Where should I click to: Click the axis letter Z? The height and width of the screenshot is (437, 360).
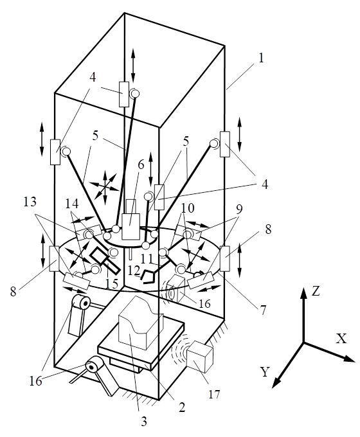tap(316, 291)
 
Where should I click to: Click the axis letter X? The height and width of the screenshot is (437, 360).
tap(341, 338)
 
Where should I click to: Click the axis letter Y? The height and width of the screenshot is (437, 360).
tap(265, 372)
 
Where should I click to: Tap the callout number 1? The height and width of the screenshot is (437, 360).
tap(261, 58)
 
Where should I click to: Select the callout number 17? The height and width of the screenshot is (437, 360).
tap(214, 394)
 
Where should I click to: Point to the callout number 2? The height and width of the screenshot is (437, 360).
tap(182, 407)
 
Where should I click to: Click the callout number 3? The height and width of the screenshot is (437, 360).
tap(143, 422)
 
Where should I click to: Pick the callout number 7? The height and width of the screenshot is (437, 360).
tap(263, 310)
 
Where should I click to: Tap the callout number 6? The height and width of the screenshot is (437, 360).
tap(141, 165)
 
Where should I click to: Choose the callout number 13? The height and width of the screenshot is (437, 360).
tap(30, 202)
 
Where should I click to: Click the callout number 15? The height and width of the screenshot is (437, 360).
tap(111, 283)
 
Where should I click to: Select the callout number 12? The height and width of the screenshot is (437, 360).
tap(134, 270)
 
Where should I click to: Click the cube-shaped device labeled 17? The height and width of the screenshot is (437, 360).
tap(199, 357)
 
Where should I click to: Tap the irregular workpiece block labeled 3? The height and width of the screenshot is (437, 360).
tap(141, 323)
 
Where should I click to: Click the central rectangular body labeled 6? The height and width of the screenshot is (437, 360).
tap(130, 226)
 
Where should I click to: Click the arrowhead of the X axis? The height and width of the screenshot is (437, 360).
tap(350, 359)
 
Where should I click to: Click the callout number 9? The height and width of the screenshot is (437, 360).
tap(239, 208)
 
